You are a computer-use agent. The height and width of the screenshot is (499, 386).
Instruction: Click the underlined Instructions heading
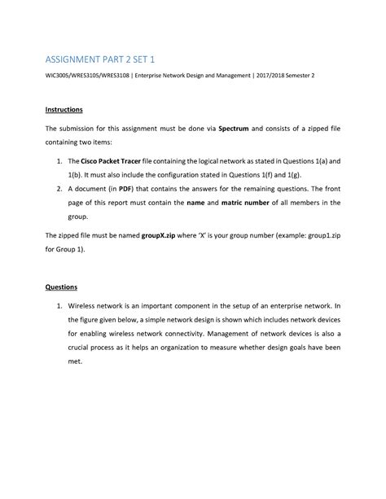tap(64, 108)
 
